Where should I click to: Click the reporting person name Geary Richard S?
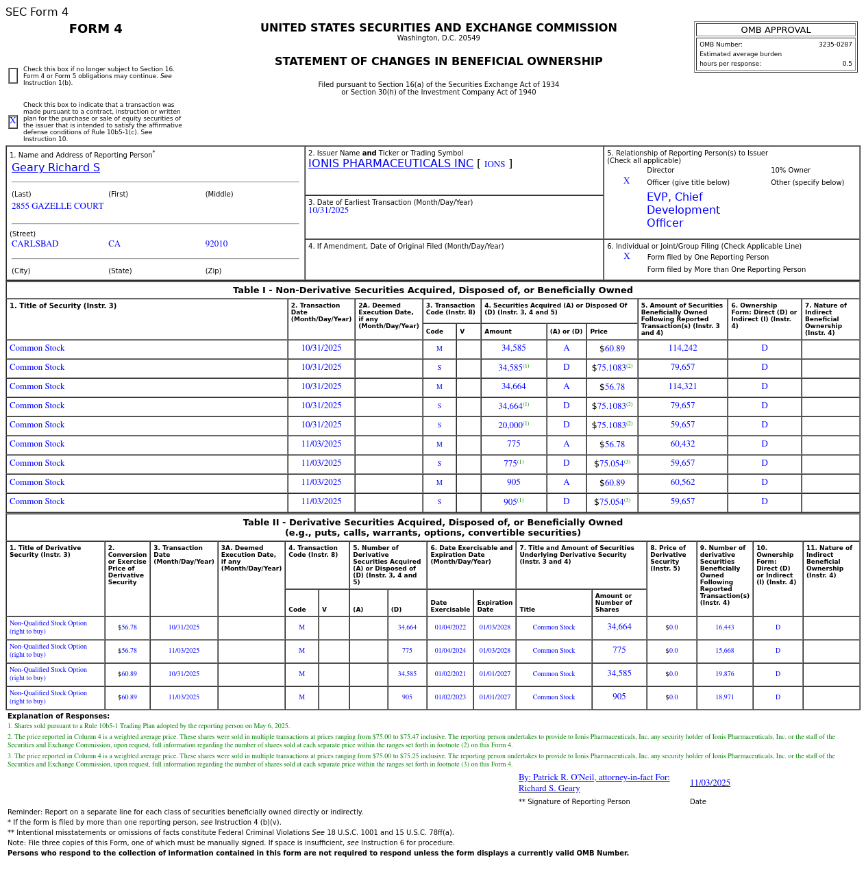[x=55, y=168]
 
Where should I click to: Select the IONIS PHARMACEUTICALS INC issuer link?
[x=391, y=164]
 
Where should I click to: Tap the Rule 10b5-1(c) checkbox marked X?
[x=13, y=122]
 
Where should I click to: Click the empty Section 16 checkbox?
[x=13, y=75]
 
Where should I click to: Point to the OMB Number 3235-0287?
[x=834, y=45]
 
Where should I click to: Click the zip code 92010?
[x=216, y=244]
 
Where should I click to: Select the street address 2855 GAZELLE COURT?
[x=58, y=206]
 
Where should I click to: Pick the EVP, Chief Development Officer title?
[x=682, y=210]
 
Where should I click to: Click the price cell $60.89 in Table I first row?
[x=612, y=349]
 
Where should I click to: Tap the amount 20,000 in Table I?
[x=510, y=425]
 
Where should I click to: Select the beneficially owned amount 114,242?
[x=682, y=349]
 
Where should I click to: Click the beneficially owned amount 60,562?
[x=682, y=483]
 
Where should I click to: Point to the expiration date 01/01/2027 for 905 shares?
[x=494, y=697]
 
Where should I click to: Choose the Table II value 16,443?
[x=724, y=627]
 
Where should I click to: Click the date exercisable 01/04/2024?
[x=449, y=651]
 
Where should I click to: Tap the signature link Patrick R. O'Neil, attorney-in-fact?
[x=593, y=778]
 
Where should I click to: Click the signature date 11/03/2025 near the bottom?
[x=710, y=783]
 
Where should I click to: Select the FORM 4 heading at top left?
[x=95, y=29]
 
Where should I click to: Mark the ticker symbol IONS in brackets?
[x=494, y=164]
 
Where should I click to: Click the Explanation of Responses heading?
[x=58, y=716]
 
